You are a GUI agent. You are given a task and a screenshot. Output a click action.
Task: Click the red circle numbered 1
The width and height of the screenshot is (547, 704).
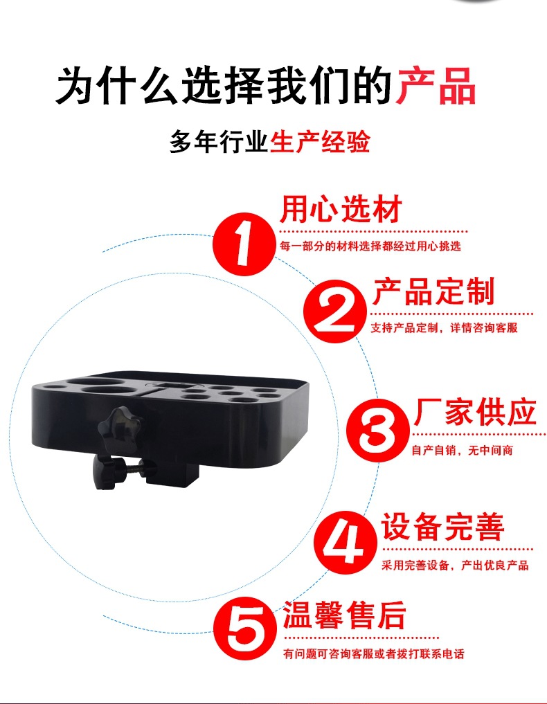point(244,244)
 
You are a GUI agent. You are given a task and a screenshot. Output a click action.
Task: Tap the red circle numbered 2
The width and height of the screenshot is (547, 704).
point(334,311)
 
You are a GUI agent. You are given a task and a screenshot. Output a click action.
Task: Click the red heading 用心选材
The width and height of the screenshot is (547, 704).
point(341,209)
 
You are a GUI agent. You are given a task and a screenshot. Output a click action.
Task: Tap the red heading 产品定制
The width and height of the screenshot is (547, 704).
point(434,292)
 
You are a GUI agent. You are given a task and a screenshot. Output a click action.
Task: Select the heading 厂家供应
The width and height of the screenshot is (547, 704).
point(475,412)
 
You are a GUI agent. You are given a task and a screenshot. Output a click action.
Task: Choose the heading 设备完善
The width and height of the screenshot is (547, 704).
point(443,527)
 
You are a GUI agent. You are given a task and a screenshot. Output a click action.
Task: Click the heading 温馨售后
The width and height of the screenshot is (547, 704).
point(344,615)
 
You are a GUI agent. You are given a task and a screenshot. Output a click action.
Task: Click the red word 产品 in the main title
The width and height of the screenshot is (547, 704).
point(435,86)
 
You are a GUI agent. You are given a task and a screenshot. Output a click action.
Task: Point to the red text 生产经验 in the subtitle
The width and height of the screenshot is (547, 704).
point(320,141)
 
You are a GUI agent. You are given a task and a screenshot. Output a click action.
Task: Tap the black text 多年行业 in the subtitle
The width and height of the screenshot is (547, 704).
point(219,141)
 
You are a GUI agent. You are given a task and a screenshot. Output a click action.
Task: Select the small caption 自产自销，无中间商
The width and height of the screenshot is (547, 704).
point(462,451)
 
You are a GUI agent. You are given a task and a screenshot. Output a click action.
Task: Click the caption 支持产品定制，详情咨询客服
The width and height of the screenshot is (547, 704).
point(444,327)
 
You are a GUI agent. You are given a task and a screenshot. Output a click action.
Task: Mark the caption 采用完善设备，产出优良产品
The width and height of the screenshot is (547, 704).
point(455,566)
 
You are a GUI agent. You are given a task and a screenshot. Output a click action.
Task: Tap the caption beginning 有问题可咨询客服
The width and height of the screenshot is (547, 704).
point(374,653)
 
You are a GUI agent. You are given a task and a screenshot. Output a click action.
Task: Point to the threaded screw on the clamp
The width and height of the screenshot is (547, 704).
point(131,470)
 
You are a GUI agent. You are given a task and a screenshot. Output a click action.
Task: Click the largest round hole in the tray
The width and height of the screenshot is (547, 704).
point(105,390)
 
